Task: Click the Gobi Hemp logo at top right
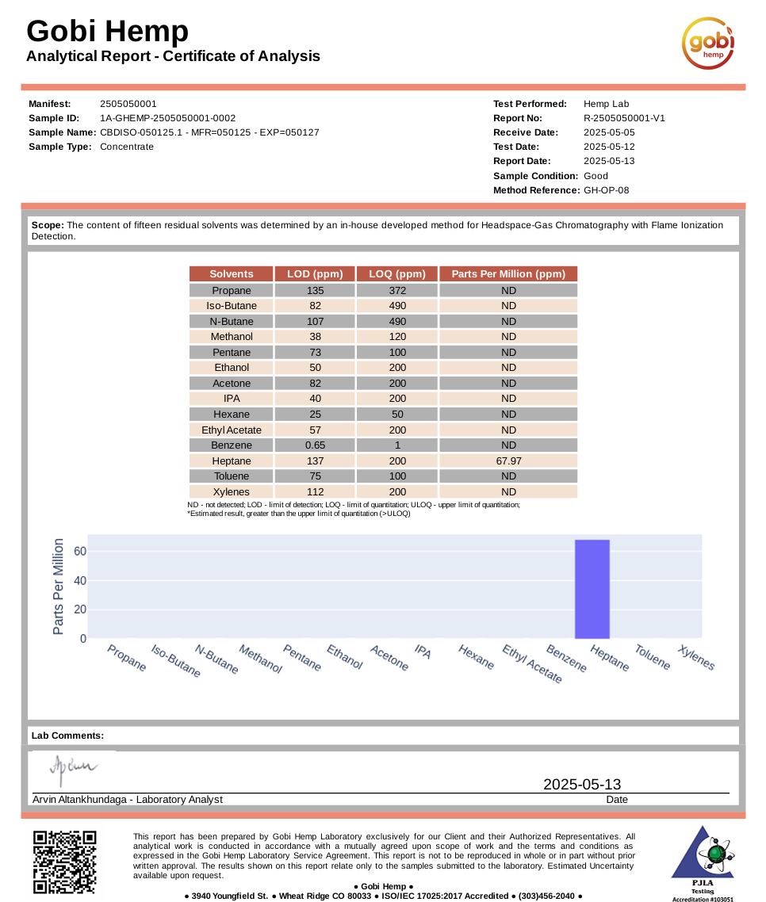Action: tap(708, 43)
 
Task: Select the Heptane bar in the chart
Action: tap(592, 589)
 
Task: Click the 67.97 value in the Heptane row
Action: tap(508, 461)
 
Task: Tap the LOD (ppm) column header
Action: tap(315, 274)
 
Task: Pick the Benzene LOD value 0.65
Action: tap(315, 445)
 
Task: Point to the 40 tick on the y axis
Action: tap(80, 580)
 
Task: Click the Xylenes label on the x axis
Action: tap(696, 658)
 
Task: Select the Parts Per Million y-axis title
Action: tap(58, 587)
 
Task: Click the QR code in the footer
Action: tap(64, 862)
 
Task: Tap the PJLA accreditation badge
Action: tap(702, 862)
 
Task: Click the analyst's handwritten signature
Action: tap(73, 767)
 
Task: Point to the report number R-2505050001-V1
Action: tap(623, 118)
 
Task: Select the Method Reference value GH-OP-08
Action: tap(606, 190)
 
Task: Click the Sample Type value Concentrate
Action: tap(127, 147)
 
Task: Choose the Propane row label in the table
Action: tap(232, 291)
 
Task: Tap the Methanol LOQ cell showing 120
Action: tap(397, 337)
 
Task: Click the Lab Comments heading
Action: tap(67, 736)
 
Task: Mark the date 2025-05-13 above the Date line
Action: tap(582, 785)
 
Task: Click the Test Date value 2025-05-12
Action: tap(609, 147)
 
